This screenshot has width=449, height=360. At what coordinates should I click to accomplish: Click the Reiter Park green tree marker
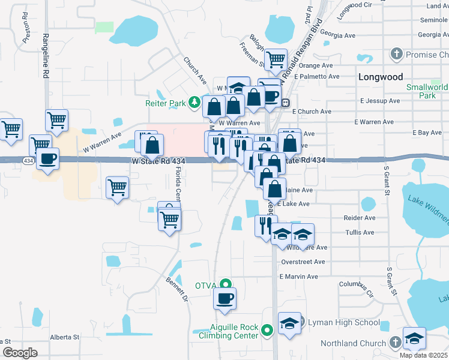pos(194,103)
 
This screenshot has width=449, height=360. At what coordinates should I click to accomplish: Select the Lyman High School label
pos(343,322)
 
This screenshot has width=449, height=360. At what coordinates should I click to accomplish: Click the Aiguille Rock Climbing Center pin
pos(268,329)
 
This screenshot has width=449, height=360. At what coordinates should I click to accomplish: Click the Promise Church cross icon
pos(396,55)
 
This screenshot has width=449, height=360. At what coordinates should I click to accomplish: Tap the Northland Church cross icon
pos(394,343)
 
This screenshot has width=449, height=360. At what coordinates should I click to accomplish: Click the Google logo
pos(20,353)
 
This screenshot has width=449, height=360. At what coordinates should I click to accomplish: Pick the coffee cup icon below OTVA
pos(225,298)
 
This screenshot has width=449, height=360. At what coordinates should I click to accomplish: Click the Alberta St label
pos(65,337)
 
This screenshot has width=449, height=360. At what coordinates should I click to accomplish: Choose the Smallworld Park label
pos(427,91)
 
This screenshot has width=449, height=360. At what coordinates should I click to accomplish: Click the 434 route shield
pos(29,161)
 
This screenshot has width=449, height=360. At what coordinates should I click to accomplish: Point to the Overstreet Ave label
pos(303,262)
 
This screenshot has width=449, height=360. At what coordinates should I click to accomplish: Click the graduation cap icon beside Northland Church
pos(414,337)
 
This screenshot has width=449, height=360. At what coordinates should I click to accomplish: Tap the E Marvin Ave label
pos(298,277)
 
